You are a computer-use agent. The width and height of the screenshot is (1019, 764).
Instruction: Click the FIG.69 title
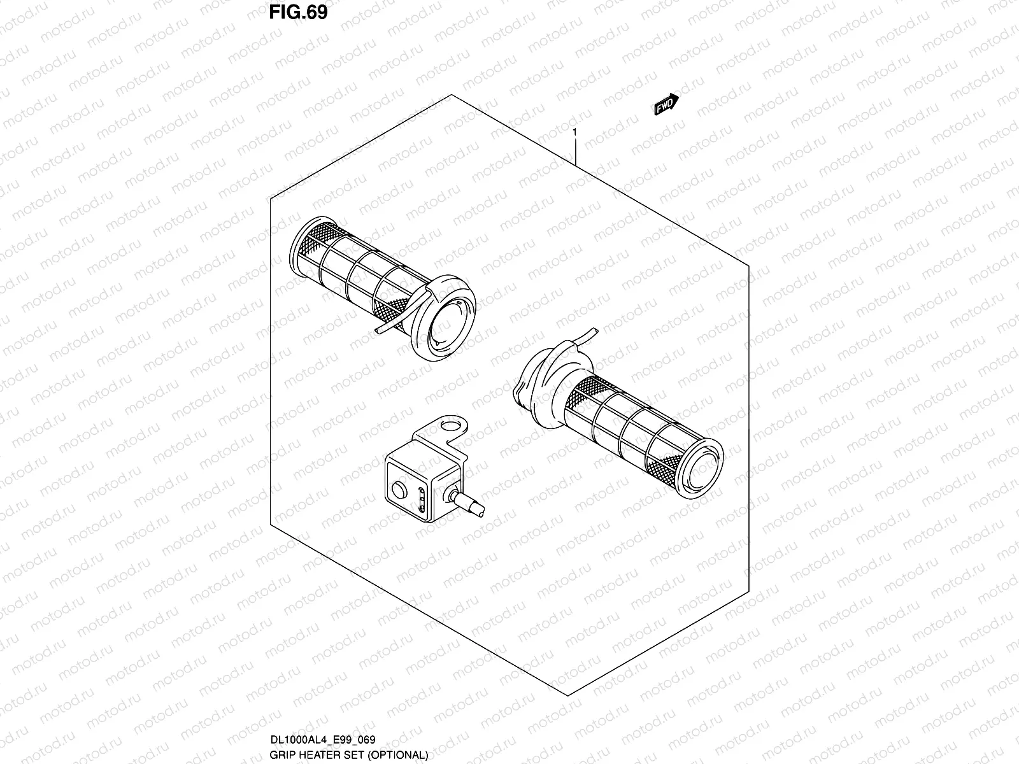[x=298, y=13]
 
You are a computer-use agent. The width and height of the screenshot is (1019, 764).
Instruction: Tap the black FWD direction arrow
[x=666, y=104]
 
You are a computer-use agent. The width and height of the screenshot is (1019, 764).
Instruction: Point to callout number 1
[x=574, y=132]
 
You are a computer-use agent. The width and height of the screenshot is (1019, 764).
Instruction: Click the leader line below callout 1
[x=576, y=152]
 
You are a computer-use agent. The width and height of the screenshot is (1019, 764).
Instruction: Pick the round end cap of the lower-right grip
[x=702, y=469]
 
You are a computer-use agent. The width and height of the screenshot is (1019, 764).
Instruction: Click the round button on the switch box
[x=399, y=490]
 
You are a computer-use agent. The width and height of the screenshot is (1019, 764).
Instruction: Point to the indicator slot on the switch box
[x=422, y=500]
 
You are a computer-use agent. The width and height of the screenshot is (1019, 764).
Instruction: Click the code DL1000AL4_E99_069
[x=323, y=739]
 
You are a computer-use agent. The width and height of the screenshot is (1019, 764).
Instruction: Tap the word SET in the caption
[x=356, y=755]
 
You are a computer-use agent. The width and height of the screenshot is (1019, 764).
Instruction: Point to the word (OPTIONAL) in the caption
[x=398, y=755]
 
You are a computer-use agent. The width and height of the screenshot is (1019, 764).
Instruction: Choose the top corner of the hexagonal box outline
[x=452, y=95]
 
